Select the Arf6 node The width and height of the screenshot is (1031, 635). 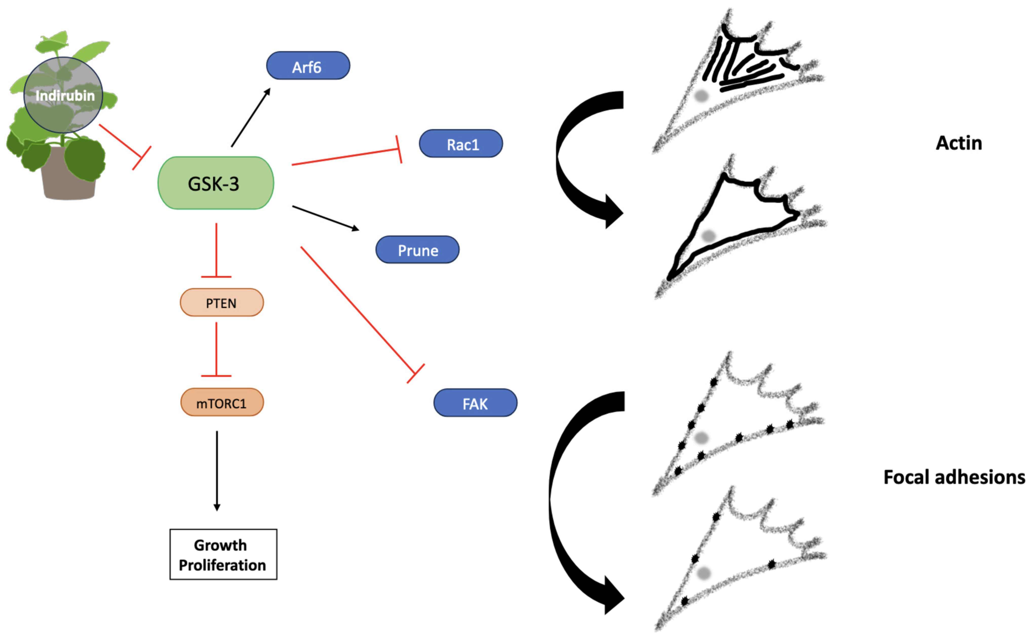(308, 66)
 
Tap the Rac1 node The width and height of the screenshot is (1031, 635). (461, 144)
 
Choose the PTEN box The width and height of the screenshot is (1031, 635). (222, 302)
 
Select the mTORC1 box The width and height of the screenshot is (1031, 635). (222, 402)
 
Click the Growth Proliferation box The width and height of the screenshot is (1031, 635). (223, 554)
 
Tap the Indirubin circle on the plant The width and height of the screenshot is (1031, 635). (63, 95)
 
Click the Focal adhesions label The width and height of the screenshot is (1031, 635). (954, 477)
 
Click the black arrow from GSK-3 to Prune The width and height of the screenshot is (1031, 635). (325, 218)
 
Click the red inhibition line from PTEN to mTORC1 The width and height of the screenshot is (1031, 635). (216, 349)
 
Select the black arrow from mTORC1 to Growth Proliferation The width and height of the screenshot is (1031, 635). (217, 470)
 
